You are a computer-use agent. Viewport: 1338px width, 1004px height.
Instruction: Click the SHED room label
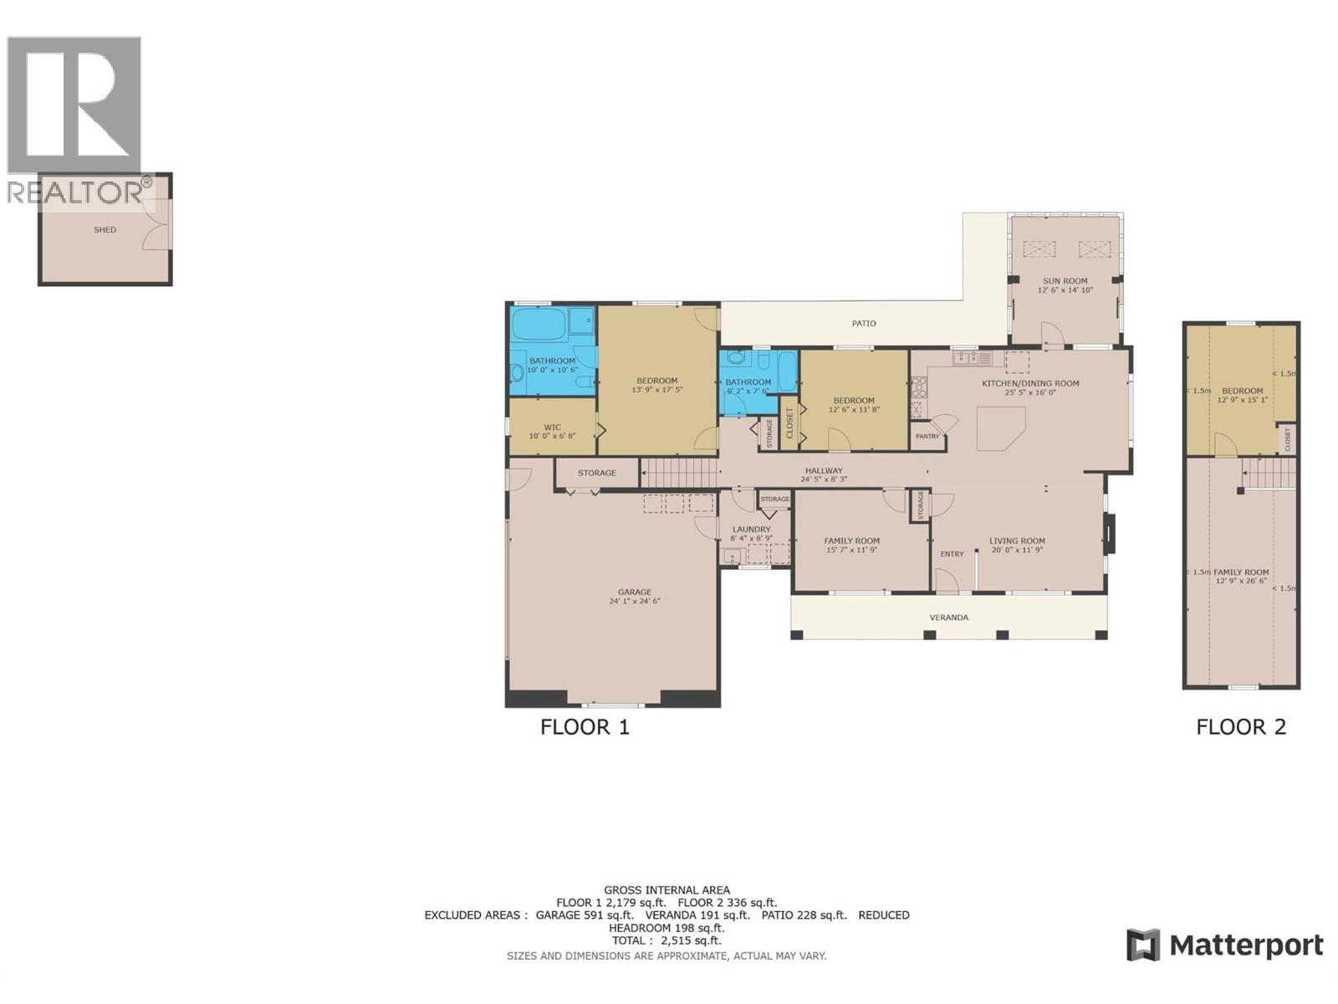pyautogui.click(x=105, y=230)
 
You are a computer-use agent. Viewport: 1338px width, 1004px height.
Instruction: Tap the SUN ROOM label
pyautogui.click(x=1065, y=281)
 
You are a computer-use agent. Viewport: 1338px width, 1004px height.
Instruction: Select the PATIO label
pyautogui.click(x=864, y=323)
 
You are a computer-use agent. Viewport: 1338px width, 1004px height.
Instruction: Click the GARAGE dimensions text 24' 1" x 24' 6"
pyautogui.click(x=634, y=601)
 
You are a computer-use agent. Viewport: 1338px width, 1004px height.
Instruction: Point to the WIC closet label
pyautogui.click(x=552, y=427)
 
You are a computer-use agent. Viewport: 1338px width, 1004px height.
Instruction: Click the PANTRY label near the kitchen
pyautogui.click(x=927, y=437)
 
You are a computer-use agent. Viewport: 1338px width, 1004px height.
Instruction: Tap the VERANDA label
pyautogui.click(x=948, y=617)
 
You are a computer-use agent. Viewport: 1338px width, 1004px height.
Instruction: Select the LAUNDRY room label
pyautogui.click(x=751, y=529)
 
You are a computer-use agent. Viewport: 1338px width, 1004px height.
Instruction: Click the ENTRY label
pyautogui.click(x=952, y=554)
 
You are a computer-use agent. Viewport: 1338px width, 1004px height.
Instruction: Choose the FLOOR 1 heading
pyautogui.click(x=585, y=727)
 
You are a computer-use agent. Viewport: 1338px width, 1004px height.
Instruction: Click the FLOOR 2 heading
pyautogui.click(x=1240, y=727)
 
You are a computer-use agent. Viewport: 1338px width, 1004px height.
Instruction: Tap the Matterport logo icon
pyautogui.click(x=1142, y=945)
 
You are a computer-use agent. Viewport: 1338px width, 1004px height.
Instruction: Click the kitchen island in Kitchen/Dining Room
pyautogui.click(x=999, y=428)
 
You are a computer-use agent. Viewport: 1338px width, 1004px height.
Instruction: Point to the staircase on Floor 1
pyautogui.click(x=679, y=472)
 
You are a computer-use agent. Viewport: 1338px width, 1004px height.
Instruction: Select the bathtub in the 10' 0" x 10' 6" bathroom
pyautogui.click(x=539, y=322)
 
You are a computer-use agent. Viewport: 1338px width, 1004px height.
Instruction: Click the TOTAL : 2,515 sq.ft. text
pyautogui.click(x=666, y=940)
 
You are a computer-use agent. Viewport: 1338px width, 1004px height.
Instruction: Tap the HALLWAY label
pyautogui.click(x=823, y=470)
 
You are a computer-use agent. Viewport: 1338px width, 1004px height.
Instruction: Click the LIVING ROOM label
pyautogui.click(x=1017, y=540)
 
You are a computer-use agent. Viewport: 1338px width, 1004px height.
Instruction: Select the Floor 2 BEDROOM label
pyautogui.click(x=1242, y=391)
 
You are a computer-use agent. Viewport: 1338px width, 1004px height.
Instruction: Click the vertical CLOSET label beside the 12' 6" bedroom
pyautogui.click(x=789, y=423)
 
